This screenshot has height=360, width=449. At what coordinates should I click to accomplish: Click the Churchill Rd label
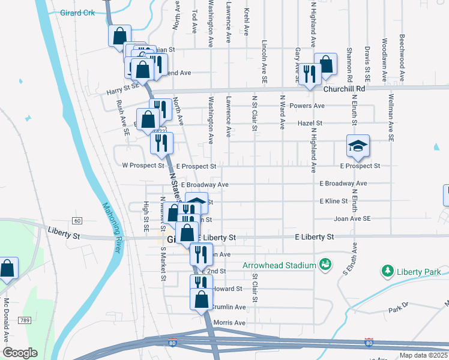click(344, 88)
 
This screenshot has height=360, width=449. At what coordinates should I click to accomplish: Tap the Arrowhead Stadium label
click(279, 265)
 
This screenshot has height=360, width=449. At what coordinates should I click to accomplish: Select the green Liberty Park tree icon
click(388, 272)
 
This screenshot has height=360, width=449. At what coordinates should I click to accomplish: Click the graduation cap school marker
click(358, 146)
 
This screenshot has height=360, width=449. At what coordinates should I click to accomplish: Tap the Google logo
click(19, 353)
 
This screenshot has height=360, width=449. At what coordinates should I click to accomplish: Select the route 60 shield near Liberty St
click(77, 220)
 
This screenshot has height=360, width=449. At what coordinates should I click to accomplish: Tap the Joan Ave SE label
click(352, 219)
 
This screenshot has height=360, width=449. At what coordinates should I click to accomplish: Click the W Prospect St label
click(143, 165)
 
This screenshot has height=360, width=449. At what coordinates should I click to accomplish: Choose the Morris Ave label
click(229, 323)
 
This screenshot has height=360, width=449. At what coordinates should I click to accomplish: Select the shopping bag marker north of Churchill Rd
click(325, 64)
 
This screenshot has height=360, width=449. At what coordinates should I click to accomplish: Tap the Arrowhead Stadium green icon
click(325, 265)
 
